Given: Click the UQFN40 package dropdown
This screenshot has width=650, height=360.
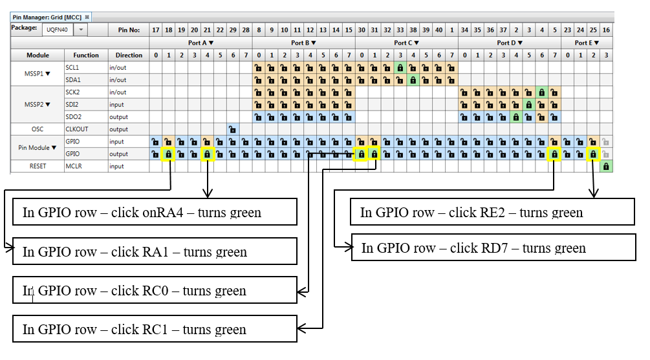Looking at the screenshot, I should (x=63, y=30).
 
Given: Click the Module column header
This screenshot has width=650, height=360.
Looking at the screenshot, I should (x=38, y=55).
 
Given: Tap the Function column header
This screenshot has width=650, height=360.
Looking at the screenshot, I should (x=85, y=55).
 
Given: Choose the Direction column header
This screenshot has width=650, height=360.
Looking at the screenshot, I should (x=128, y=55).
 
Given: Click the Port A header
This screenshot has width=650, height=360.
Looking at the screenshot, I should (x=199, y=43).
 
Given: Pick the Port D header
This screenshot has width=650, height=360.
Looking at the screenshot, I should (x=508, y=43).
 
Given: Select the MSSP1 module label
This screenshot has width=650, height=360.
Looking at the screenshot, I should (x=36, y=74).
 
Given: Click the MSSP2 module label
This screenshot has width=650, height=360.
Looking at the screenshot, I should (x=36, y=105).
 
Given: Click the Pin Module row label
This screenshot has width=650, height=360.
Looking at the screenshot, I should (x=36, y=147).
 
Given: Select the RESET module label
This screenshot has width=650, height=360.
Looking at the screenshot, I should (x=38, y=166).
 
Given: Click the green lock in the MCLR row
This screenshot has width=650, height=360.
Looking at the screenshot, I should (x=606, y=166).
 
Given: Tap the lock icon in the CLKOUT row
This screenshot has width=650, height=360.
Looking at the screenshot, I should (x=232, y=129).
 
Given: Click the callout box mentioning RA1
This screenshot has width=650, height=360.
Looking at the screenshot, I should (x=155, y=251).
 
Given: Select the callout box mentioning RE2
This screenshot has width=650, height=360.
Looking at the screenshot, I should (x=492, y=212).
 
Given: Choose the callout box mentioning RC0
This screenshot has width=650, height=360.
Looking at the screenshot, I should (x=155, y=290).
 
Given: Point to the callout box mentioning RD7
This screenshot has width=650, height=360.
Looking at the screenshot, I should (x=493, y=248).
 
